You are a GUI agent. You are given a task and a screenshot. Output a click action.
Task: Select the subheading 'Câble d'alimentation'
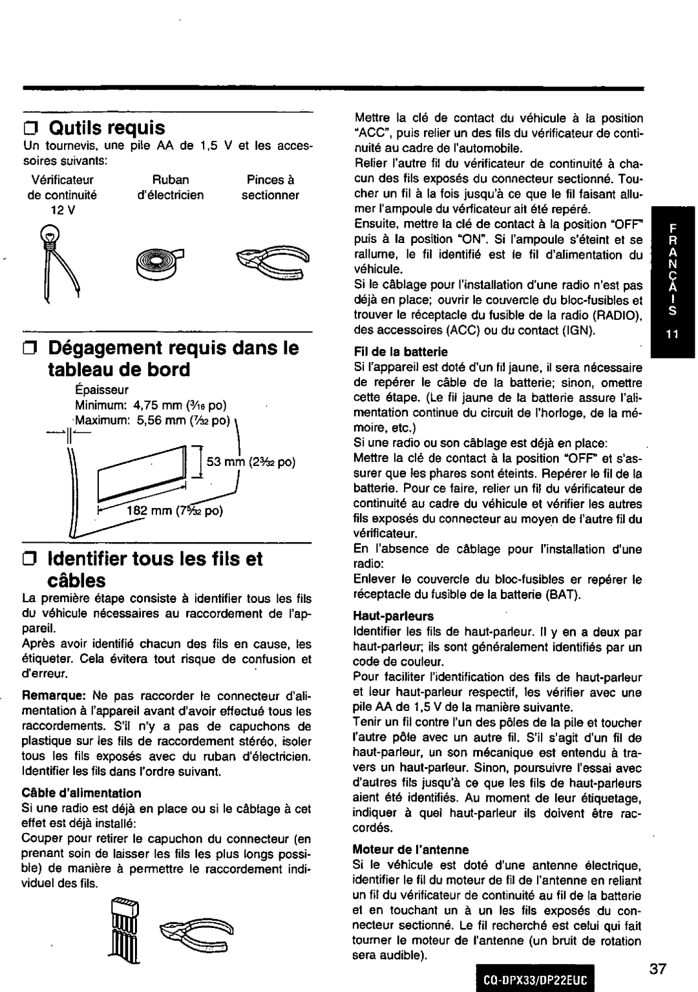point(81,792)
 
